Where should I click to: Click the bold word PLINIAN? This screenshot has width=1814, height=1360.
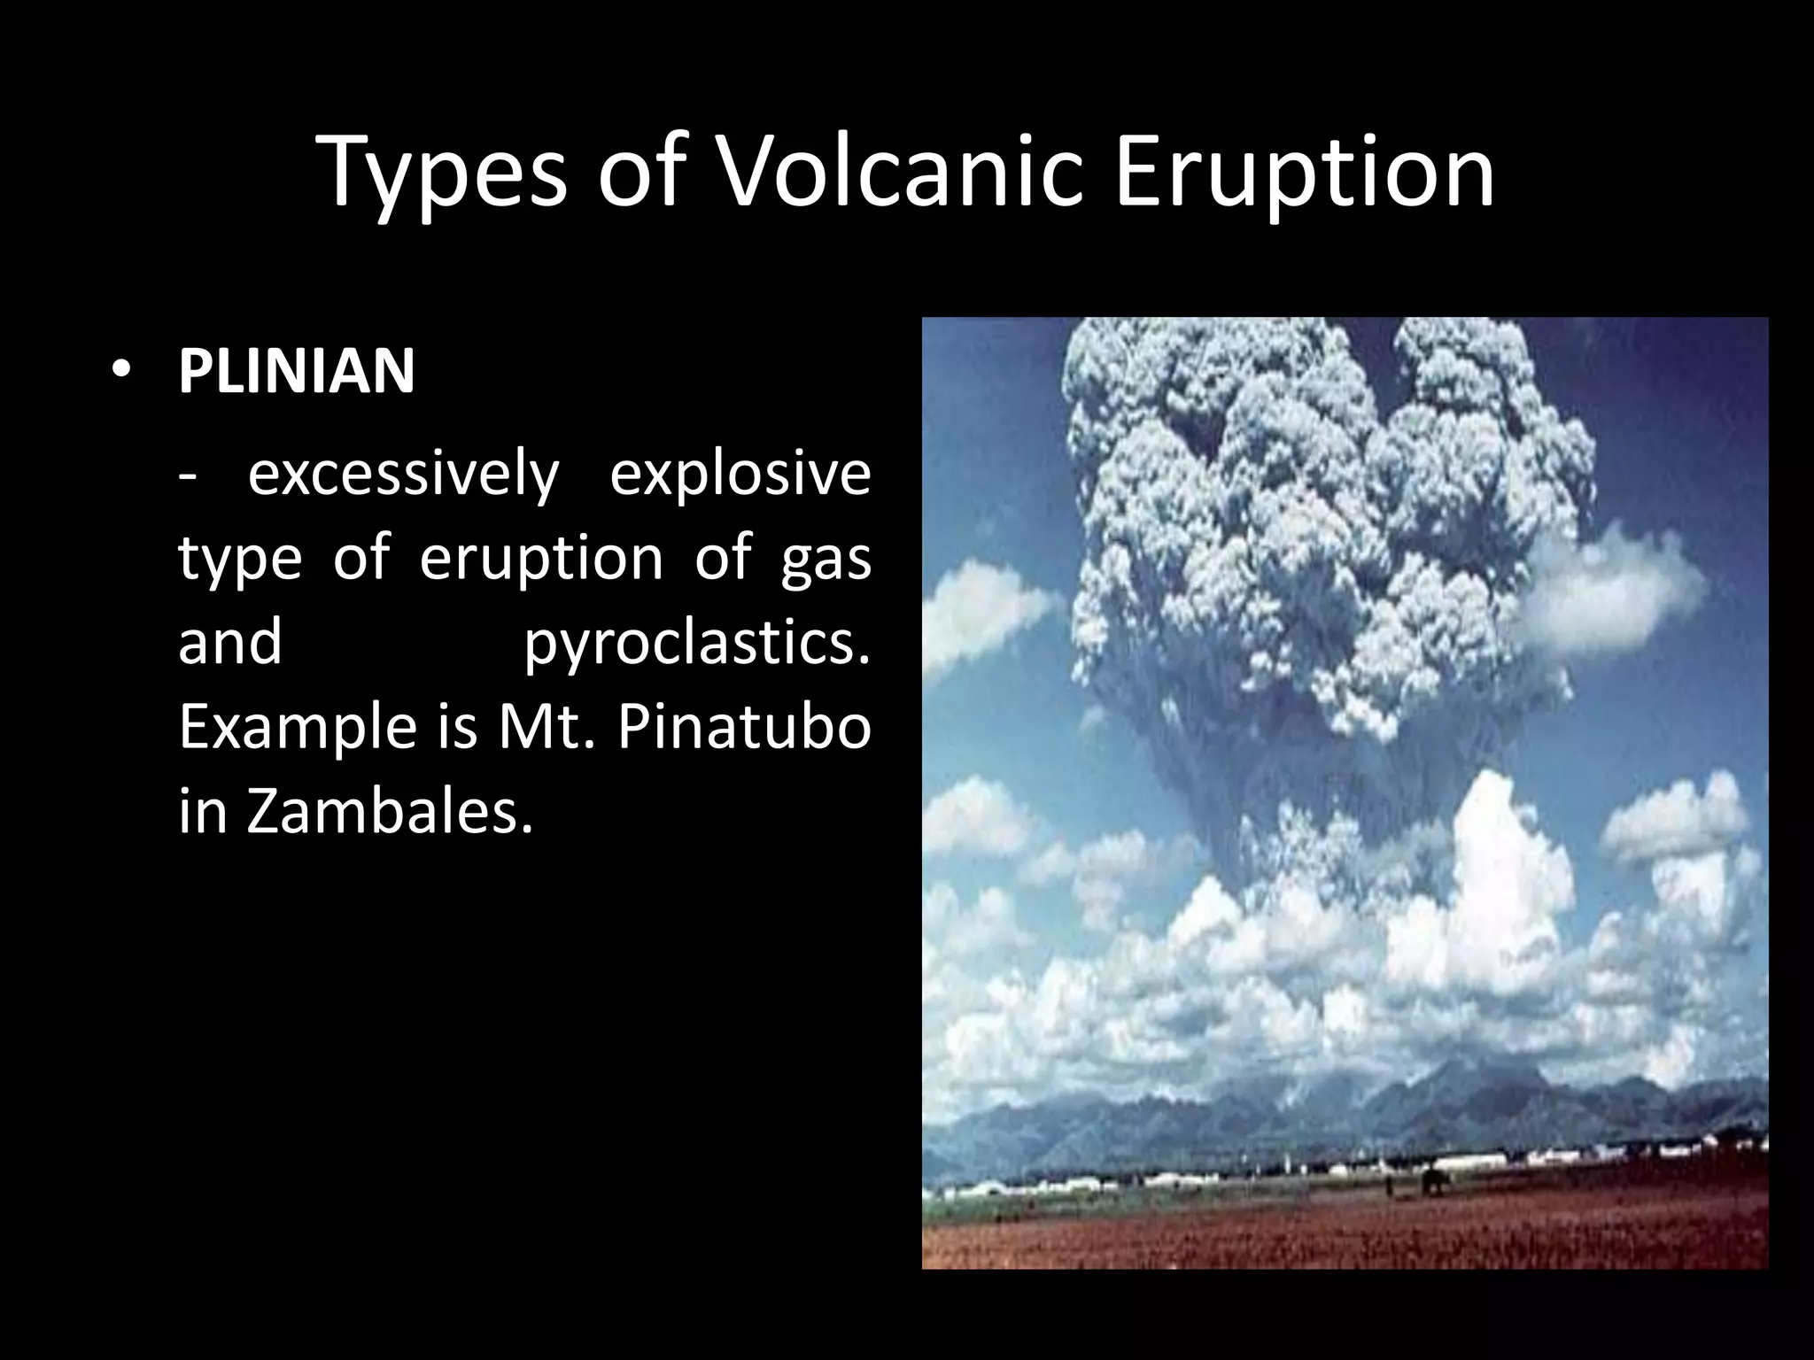pyautogui.click(x=296, y=371)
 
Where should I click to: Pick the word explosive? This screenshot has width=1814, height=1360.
pyautogui.click(x=740, y=475)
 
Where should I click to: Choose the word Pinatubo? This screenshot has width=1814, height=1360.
pyautogui.click(x=743, y=728)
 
